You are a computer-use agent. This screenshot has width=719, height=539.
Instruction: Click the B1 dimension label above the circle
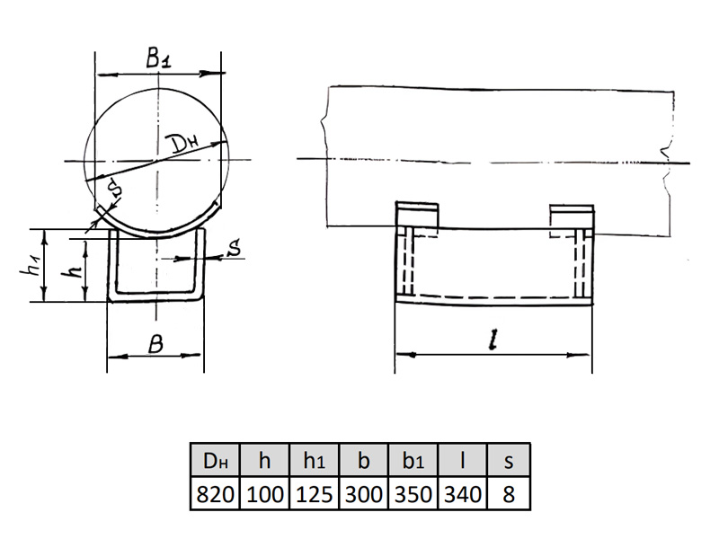(159, 57)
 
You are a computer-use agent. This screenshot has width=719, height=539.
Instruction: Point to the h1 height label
(31, 265)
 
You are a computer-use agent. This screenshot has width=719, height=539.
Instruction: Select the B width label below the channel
(155, 344)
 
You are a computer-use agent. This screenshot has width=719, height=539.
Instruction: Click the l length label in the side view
(493, 340)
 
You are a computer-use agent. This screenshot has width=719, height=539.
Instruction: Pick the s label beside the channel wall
(234, 248)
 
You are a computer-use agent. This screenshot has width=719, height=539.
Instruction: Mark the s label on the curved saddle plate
(116, 188)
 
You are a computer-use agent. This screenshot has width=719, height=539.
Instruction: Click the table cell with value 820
(215, 494)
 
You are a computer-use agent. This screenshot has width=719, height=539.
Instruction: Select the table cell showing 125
(314, 494)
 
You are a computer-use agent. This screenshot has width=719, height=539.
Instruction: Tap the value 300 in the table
(363, 494)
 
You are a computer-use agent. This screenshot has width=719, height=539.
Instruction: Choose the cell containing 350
(413, 494)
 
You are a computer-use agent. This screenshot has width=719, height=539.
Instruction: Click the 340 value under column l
(463, 494)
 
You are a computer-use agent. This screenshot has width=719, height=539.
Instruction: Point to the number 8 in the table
(509, 494)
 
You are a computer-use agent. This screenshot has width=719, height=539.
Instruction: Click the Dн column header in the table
(215, 460)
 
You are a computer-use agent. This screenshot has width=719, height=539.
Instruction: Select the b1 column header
(413, 460)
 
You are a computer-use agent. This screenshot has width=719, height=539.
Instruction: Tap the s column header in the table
(509, 460)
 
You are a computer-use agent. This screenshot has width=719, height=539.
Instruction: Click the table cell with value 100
(264, 494)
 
